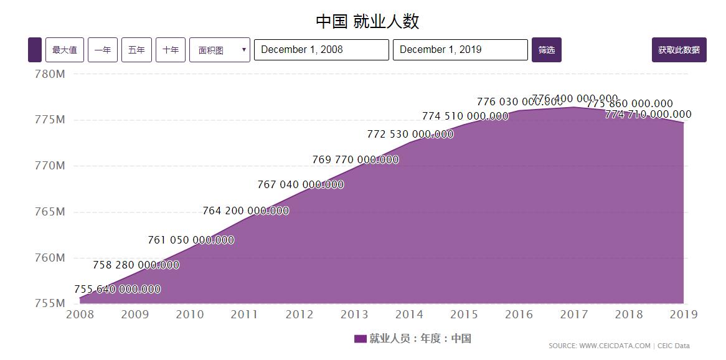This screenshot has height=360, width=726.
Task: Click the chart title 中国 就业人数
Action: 367,21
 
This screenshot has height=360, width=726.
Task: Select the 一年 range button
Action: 103,50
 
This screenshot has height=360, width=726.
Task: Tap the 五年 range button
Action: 136,50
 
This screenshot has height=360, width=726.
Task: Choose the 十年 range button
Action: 171,50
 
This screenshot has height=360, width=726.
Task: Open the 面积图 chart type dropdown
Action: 220,50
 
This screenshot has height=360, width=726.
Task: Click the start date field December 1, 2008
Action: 321,50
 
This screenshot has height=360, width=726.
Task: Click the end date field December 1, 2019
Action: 460,50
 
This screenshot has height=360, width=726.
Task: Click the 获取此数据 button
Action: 679,50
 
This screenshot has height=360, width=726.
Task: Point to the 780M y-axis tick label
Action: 49,74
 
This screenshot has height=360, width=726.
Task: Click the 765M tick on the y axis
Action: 49,212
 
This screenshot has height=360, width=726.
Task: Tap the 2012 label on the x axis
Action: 299,315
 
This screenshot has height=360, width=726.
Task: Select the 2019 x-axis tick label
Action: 683,315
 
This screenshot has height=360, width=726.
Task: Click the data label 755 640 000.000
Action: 118,290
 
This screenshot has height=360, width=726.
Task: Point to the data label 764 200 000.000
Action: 245,211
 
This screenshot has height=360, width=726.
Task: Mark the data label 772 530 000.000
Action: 410,135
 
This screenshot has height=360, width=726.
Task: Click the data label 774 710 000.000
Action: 648,115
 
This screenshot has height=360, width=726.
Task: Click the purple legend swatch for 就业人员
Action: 361,339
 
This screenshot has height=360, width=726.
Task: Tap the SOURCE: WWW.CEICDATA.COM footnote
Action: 599,346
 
